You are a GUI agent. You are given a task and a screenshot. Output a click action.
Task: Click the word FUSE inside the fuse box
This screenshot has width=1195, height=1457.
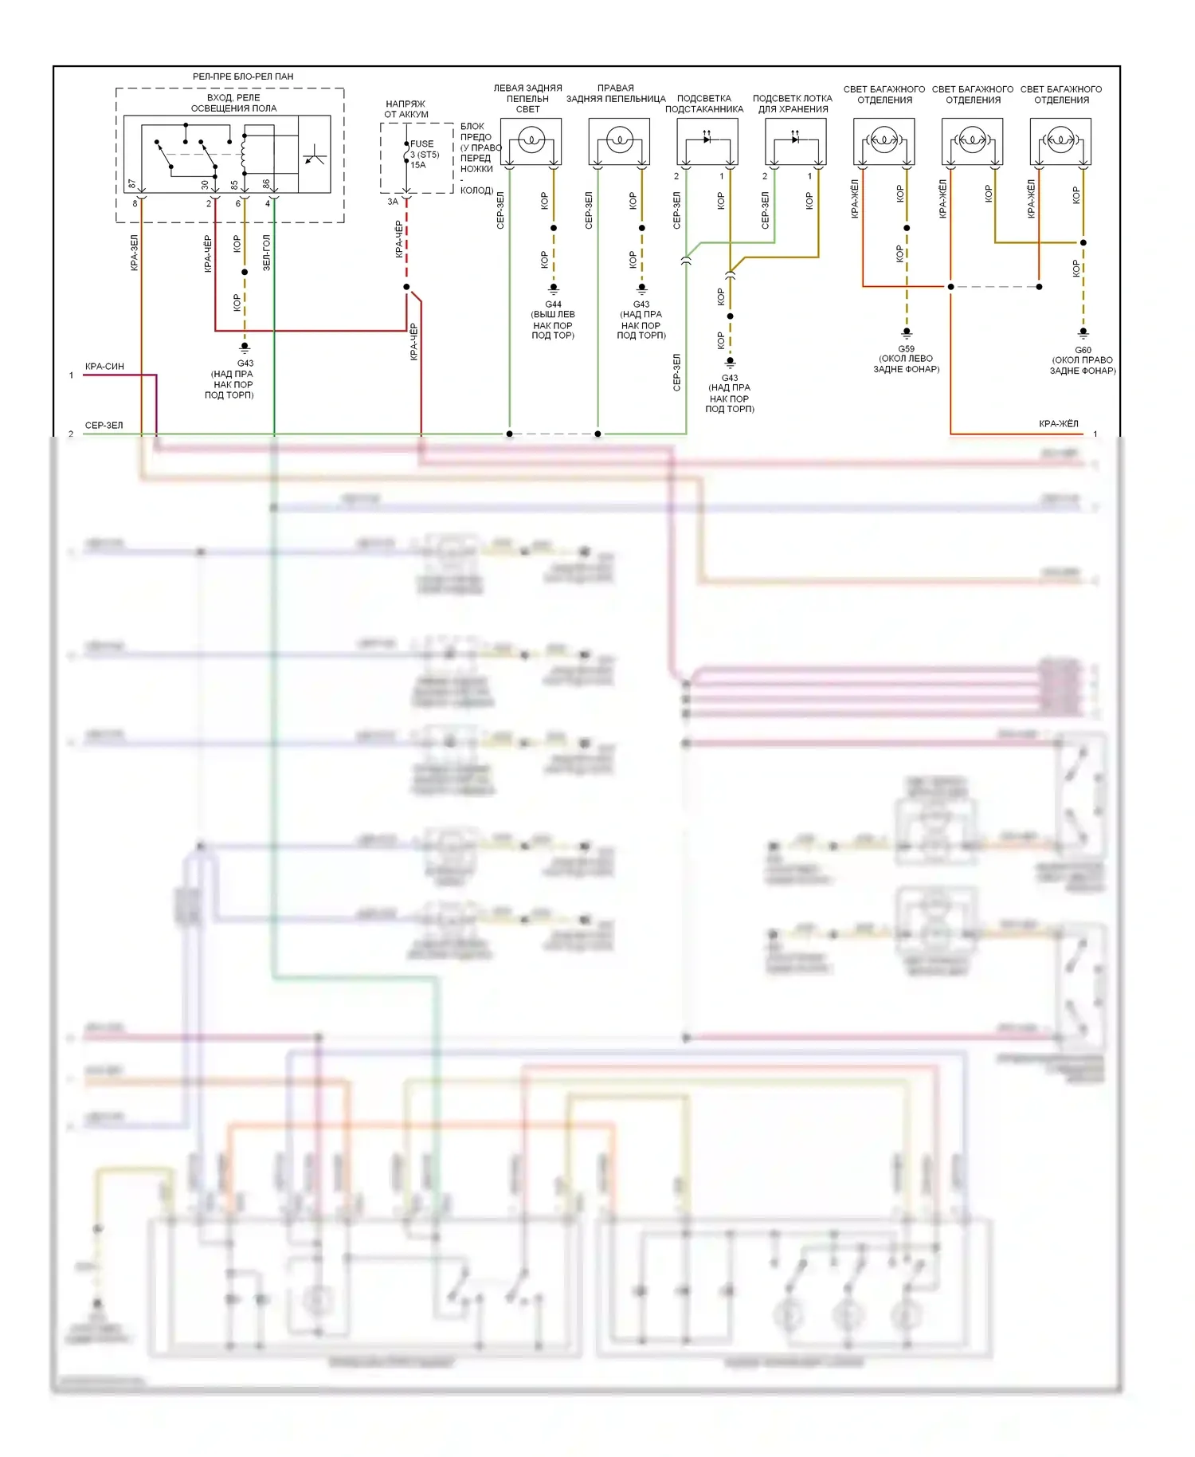(422, 144)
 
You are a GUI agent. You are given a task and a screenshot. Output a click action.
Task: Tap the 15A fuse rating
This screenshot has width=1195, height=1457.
(418, 165)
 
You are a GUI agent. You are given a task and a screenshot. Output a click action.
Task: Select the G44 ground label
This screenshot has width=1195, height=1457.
(553, 304)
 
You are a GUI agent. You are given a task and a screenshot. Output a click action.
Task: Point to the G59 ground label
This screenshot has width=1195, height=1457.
(906, 349)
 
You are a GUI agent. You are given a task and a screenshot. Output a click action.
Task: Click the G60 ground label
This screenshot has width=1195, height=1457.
(1083, 350)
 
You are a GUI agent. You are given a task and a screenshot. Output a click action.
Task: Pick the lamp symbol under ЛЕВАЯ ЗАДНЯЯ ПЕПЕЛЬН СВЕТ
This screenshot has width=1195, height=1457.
(531, 140)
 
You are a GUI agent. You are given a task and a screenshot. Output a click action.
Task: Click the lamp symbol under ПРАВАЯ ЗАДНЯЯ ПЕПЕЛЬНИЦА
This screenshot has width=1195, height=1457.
(619, 140)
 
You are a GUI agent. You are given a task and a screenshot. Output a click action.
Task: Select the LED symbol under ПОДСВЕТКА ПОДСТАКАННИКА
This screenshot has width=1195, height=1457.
(707, 139)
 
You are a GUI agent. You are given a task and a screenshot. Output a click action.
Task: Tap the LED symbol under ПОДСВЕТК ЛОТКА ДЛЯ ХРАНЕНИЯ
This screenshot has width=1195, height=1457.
(795, 139)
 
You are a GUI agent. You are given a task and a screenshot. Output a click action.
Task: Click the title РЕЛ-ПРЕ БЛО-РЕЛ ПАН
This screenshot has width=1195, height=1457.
(243, 77)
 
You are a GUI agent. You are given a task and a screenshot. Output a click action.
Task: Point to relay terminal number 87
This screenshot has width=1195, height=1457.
(132, 184)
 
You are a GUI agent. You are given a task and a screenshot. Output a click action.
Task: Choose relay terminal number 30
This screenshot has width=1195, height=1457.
(205, 184)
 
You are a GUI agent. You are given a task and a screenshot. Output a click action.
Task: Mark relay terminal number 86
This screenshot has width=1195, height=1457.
(267, 184)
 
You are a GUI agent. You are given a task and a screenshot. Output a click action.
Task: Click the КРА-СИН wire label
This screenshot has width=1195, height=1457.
(104, 367)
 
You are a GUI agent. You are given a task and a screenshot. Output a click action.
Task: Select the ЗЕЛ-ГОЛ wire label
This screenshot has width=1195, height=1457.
(267, 252)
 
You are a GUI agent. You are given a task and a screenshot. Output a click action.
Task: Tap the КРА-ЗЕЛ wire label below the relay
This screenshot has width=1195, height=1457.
(135, 252)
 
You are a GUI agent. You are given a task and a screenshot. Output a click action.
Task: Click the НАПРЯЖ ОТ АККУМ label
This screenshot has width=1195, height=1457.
(406, 109)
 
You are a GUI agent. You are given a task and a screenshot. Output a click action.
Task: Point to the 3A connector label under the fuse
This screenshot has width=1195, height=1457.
(392, 202)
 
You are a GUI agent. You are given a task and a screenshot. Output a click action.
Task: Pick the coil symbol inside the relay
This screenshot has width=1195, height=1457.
(243, 148)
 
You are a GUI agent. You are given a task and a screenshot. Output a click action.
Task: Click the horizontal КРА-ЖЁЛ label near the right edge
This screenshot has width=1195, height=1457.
(1058, 424)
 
